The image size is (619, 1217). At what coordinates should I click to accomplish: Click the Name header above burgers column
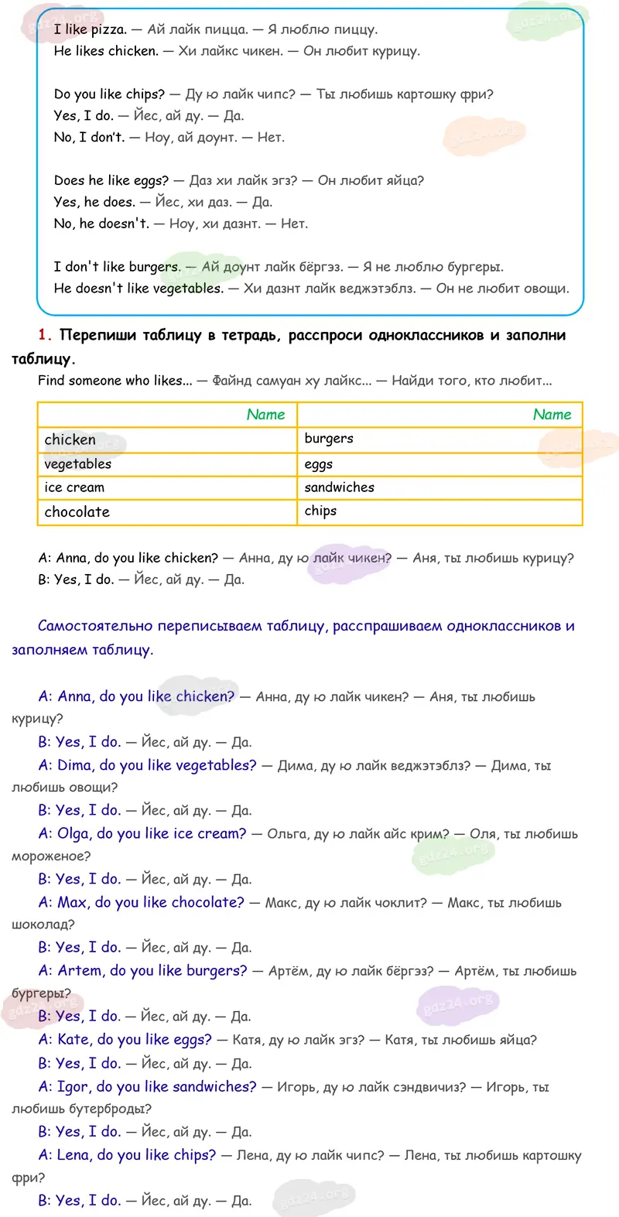pos(552,415)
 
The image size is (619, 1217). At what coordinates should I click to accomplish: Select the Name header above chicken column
pos(265,415)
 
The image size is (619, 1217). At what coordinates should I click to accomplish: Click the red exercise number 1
pos(44,335)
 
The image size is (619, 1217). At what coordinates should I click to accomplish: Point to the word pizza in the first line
pos(108,29)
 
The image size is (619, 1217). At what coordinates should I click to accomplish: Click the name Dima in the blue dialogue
pos(74,765)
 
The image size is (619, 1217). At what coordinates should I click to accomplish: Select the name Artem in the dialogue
pos(80,970)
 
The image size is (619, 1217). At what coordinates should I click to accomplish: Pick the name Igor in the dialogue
pos(73,1086)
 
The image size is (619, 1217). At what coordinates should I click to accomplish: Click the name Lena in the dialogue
pos(74,1154)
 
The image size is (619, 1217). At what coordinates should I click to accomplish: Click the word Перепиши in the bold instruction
pos(92,335)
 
